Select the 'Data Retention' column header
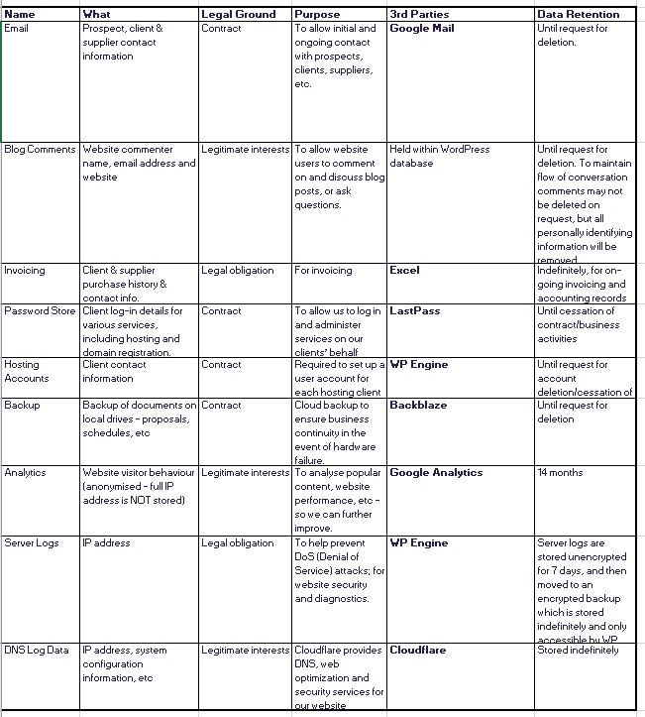(579, 14)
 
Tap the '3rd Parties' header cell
(419, 14)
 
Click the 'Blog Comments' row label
(40, 149)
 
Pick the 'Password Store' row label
(40, 310)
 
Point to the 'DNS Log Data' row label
(37, 651)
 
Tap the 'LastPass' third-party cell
(415, 310)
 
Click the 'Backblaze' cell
(418, 405)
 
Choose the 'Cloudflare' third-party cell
(418, 651)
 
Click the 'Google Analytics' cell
(436, 472)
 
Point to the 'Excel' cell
(404, 270)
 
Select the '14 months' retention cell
(557, 472)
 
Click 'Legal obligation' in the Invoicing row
(238, 270)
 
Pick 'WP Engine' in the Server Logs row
(419, 542)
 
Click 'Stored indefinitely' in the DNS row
(579, 651)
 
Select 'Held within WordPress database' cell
(439, 156)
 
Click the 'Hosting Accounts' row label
(27, 371)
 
